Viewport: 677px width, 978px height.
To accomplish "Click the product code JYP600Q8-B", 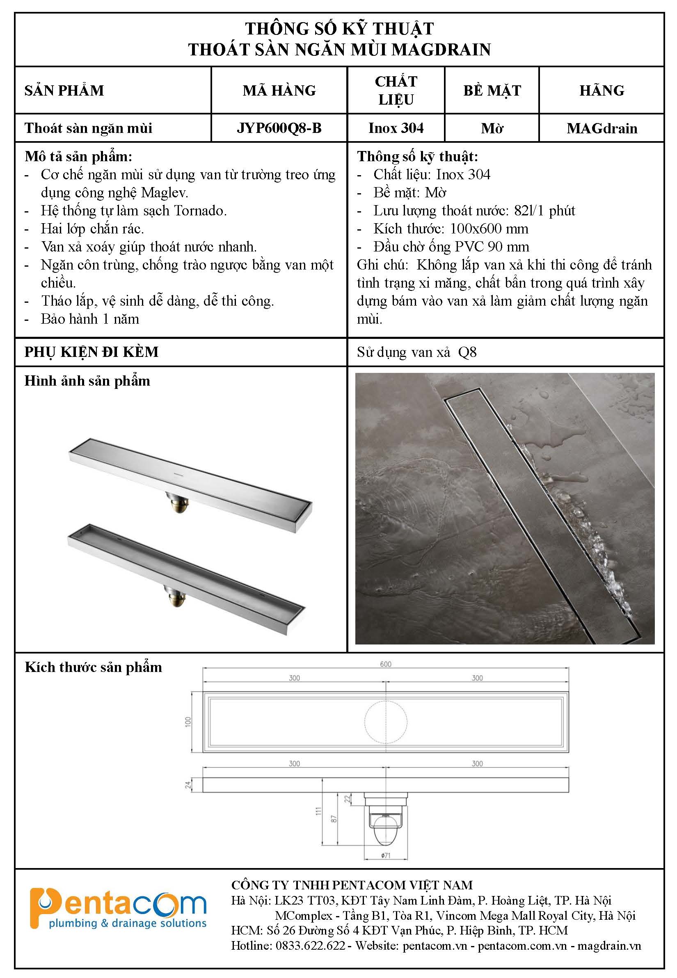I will point(279,128).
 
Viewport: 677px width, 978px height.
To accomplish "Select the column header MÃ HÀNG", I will point(279,90).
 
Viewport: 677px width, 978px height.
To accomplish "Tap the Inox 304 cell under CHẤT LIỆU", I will point(396,128).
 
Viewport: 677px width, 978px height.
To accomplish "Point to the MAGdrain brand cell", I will point(602,128).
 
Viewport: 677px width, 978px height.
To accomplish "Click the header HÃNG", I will point(602,90).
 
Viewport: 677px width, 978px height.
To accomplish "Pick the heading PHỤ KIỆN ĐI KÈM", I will point(91,352).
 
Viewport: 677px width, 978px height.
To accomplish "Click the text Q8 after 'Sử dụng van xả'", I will point(467,352).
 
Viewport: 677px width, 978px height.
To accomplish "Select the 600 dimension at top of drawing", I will point(385,664).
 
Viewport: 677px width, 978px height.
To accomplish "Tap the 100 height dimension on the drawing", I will point(188,722).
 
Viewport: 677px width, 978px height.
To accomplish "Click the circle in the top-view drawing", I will point(386,722).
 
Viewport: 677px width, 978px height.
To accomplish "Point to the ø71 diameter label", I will point(385,856).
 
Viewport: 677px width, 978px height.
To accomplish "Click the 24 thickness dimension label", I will point(188,785).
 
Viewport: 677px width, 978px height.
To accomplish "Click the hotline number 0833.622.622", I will point(310,945).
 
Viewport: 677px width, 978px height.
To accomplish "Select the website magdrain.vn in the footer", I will point(609,945).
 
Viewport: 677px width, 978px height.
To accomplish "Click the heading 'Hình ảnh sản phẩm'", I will point(87,381).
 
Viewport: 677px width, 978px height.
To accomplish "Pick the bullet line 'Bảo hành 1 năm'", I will point(89,319).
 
